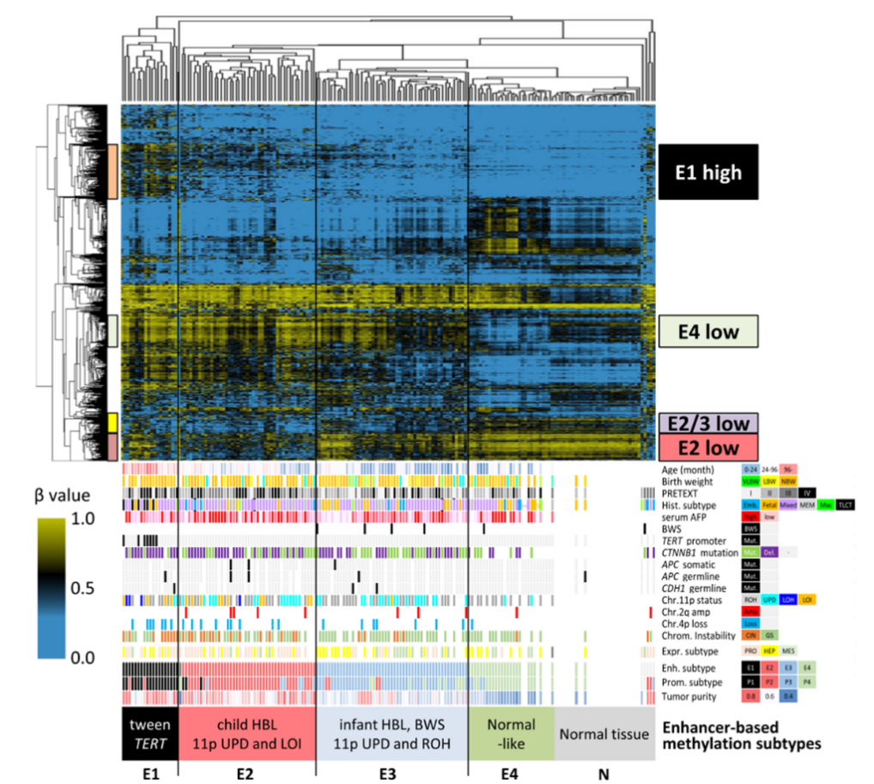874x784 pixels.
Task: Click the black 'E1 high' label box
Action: point(708,172)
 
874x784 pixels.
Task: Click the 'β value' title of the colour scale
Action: point(64,495)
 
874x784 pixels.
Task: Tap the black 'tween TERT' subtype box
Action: point(149,734)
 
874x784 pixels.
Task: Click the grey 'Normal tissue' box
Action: point(604,734)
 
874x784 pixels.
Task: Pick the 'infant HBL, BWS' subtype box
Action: point(392,734)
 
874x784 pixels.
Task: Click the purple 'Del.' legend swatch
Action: point(768,553)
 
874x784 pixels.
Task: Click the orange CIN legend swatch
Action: point(750,635)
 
